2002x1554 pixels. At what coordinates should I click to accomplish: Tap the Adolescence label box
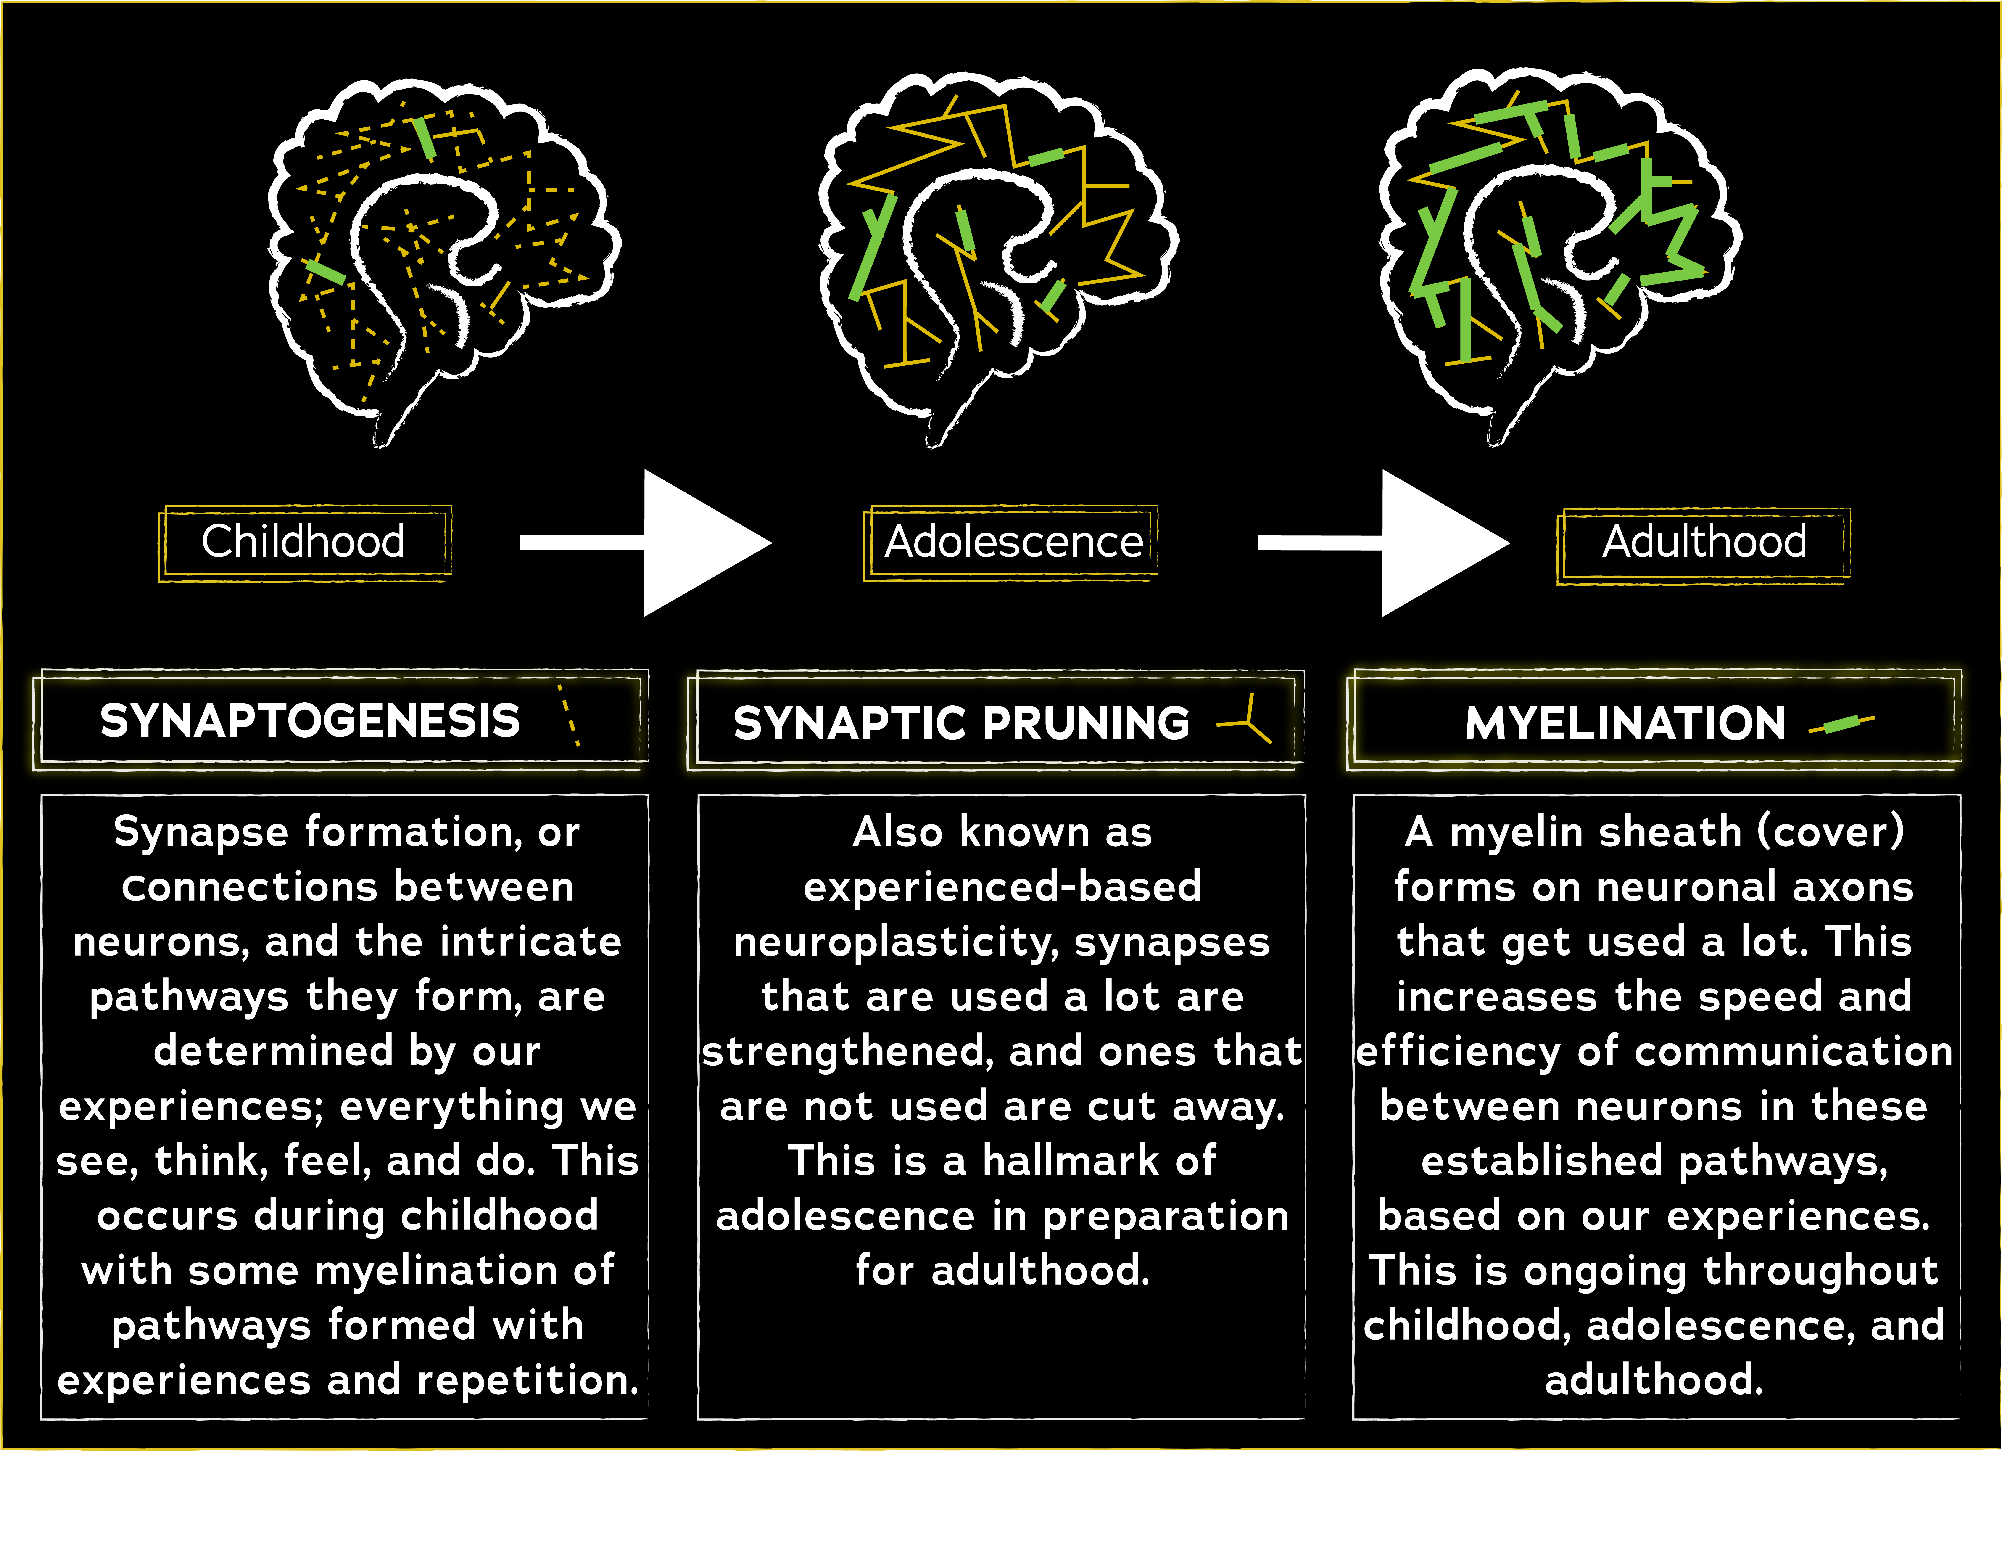tap(1012, 542)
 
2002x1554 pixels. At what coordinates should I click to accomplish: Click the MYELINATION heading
tap(1624, 723)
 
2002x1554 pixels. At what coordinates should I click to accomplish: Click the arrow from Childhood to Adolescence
tap(646, 543)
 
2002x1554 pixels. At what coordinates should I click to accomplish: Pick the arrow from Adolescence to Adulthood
tap(1384, 543)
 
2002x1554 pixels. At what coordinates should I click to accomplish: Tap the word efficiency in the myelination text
tap(1458, 1052)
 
